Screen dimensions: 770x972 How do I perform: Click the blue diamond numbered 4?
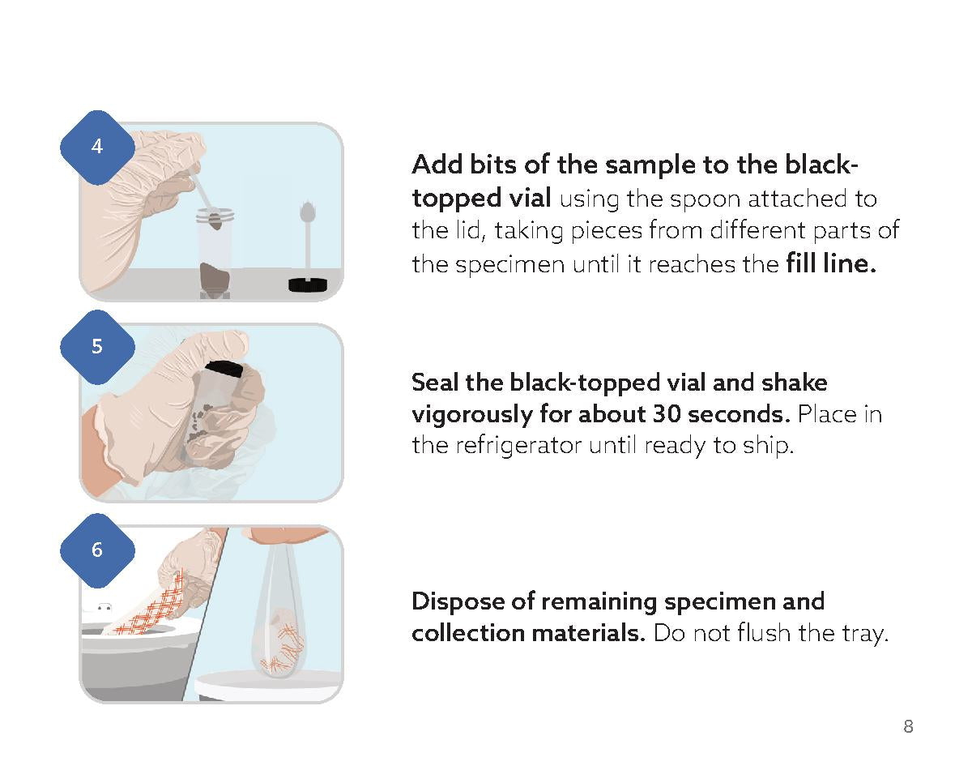coord(97,148)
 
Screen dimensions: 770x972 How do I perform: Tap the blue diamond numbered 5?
coord(97,347)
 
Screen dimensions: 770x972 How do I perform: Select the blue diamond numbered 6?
coord(97,550)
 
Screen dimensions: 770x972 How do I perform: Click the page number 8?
coord(908,726)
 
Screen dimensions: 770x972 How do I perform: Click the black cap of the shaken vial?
coord(225,370)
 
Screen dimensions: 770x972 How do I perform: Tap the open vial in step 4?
coord(215,251)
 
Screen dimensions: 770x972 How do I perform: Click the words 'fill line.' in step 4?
coord(831,264)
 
